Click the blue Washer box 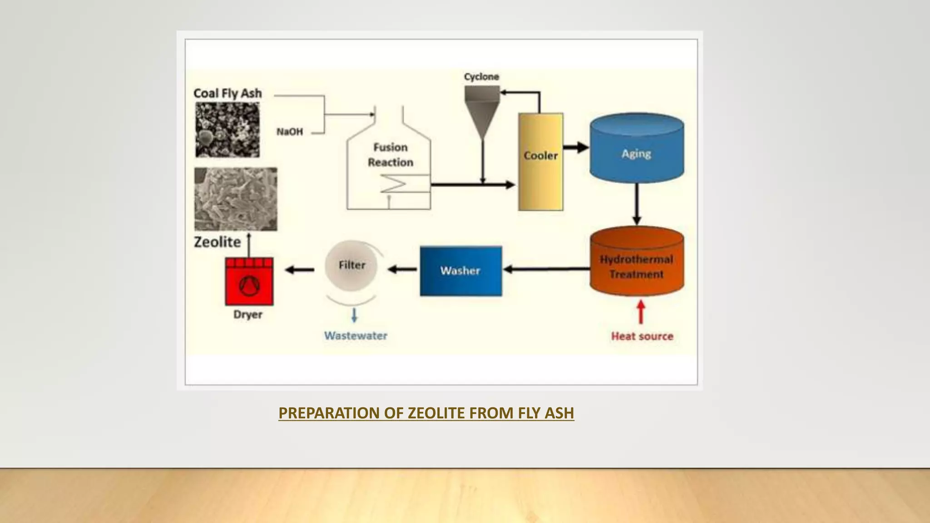460,271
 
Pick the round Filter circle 351,266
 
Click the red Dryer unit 249,281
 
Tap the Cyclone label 481,77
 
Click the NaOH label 290,132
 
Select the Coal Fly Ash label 228,94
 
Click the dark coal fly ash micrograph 228,130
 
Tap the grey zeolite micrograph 236,199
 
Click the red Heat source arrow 641,312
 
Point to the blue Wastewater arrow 354,315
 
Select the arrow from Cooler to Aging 576,147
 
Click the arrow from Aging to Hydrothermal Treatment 637,204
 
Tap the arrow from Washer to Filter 402,270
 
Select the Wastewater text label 356,336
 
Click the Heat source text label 642,336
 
